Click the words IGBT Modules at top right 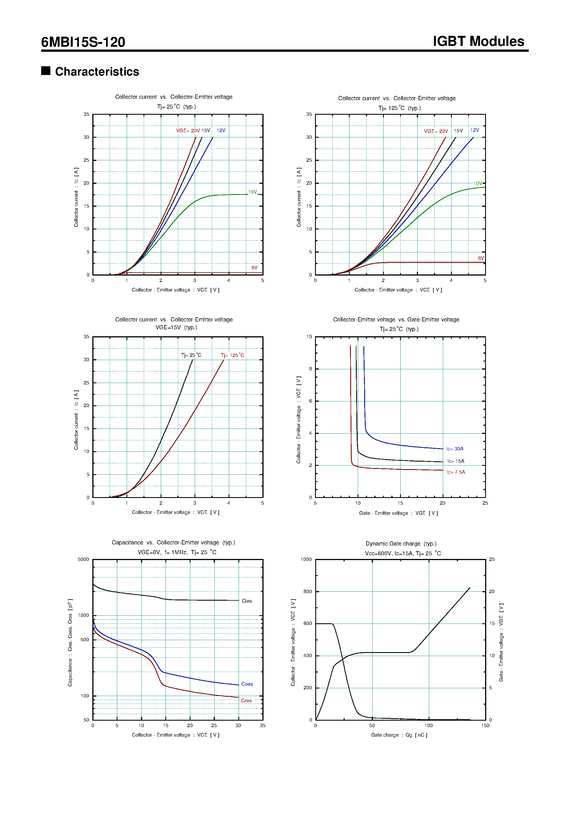[478, 41]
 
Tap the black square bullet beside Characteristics [46, 70]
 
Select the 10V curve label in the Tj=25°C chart [252, 192]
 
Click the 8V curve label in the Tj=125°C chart [481, 258]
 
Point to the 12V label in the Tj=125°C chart [475, 130]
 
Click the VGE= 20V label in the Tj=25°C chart [188, 131]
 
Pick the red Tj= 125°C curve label [232, 355]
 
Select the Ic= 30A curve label [455, 449]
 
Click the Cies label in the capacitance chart [246, 601]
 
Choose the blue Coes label [247, 684]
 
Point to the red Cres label [246, 701]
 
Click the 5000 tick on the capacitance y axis [83, 559]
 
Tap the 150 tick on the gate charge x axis [485, 725]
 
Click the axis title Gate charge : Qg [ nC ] [399, 735]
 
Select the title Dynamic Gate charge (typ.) [401, 544]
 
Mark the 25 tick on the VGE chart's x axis [485, 503]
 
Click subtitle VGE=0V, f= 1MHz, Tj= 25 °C [177, 552]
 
